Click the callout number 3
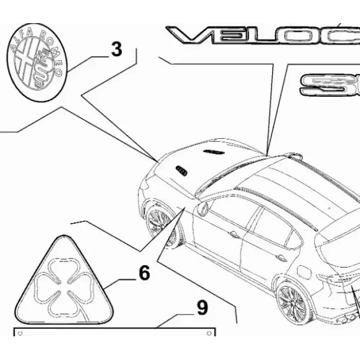pyautogui.click(x=116, y=49)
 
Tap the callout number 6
pyautogui.click(x=144, y=273)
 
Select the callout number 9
pyautogui.click(x=202, y=308)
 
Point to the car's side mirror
pyautogui.click(x=202, y=209)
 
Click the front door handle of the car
pyautogui.click(x=234, y=235)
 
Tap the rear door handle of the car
pyautogui.click(x=281, y=257)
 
